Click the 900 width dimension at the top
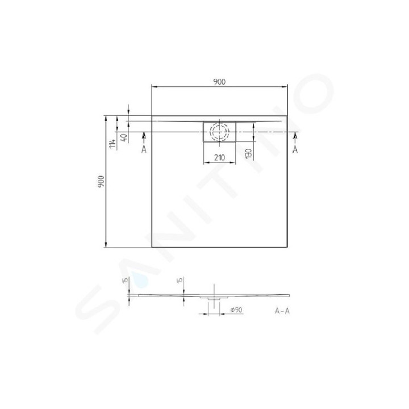point(220,81)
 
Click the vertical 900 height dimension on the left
point(101,180)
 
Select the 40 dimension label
point(124,137)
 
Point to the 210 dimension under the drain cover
point(219,157)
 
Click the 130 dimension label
point(249,153)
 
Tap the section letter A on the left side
point(144,149)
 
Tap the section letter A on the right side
point(295,149)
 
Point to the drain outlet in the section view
point(214,298)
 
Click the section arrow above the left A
point(144,136)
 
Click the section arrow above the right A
point(295,136)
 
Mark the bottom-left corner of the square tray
point(152,247)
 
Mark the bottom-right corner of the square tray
point(287,247)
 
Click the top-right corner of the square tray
point(287,115)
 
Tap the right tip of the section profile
point(289,294)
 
